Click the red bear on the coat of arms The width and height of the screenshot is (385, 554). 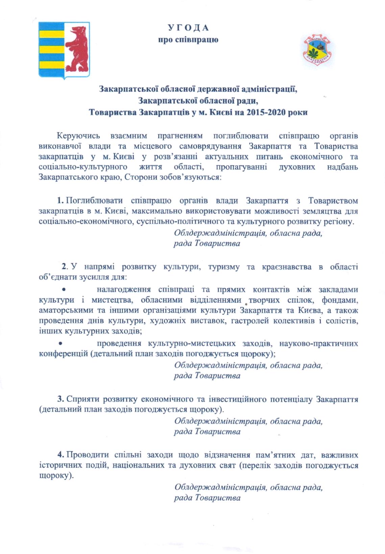click(x=78, y=47)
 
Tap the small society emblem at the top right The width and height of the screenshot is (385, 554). click(x=317, y=51)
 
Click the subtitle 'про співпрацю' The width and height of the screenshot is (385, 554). click(x=188, y=40)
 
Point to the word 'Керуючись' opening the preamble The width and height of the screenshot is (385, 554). click(x=78, y=136)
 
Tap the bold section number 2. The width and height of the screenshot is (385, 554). click(x=64, y=267)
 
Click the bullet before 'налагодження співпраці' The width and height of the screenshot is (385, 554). click(x=63, y=290)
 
